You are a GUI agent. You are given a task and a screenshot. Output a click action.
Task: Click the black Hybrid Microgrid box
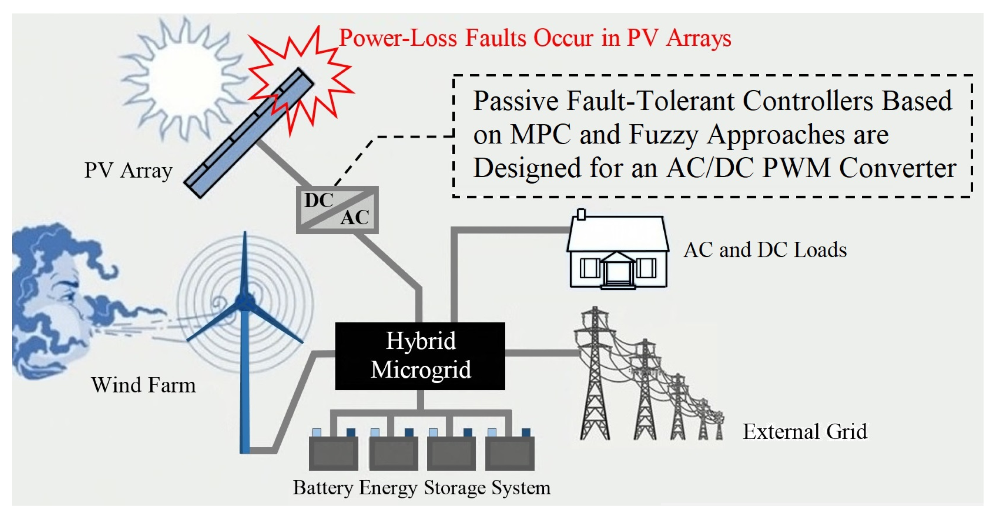pyautogui.click(x=420, y=356)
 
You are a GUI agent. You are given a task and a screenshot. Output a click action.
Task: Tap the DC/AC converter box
pyautogui.click(x=337, y=210)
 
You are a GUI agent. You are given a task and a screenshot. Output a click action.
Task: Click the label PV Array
pyautogui.click(x=128, y=170)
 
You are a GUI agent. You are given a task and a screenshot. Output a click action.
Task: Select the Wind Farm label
pyautogui.click(x=143, y=385)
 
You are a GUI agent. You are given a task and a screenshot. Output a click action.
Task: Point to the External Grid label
pyautogui.click(x=804, y=432)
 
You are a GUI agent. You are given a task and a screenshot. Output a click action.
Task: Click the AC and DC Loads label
pyautogui.click(x=765, y=250)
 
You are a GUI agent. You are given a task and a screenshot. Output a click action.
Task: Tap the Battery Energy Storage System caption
pyautogui.click(x=421, y=488)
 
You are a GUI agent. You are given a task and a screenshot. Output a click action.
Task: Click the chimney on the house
pyautogui.click(x=581, y=214)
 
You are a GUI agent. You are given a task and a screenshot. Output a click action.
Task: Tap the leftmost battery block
pyautogui.click(x=333, y=453)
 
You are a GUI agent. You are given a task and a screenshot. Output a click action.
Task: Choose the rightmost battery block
pyautogui.click(x=509, y=453)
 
